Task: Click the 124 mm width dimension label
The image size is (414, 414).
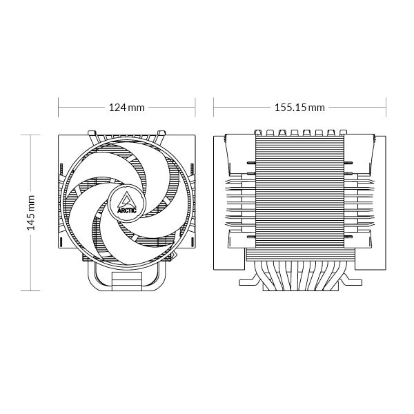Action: coord(127,108)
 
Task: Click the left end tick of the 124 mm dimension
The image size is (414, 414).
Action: coord(58,108)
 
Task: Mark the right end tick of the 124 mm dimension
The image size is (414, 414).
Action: coord(196,108)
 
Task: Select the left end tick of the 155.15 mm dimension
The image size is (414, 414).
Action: coord(214,108)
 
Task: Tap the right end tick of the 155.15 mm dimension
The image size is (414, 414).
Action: coord(386,108)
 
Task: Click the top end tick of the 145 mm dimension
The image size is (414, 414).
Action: coord(31,135)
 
